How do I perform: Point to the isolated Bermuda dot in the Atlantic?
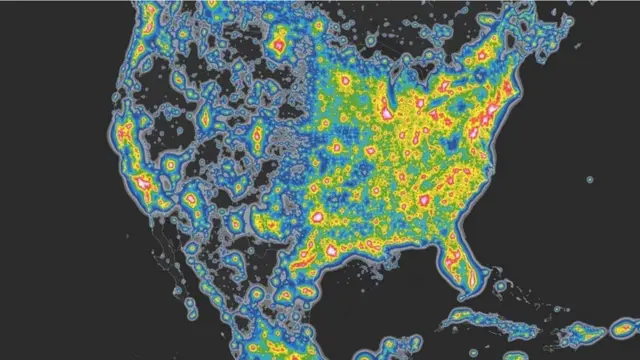[590, 181]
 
